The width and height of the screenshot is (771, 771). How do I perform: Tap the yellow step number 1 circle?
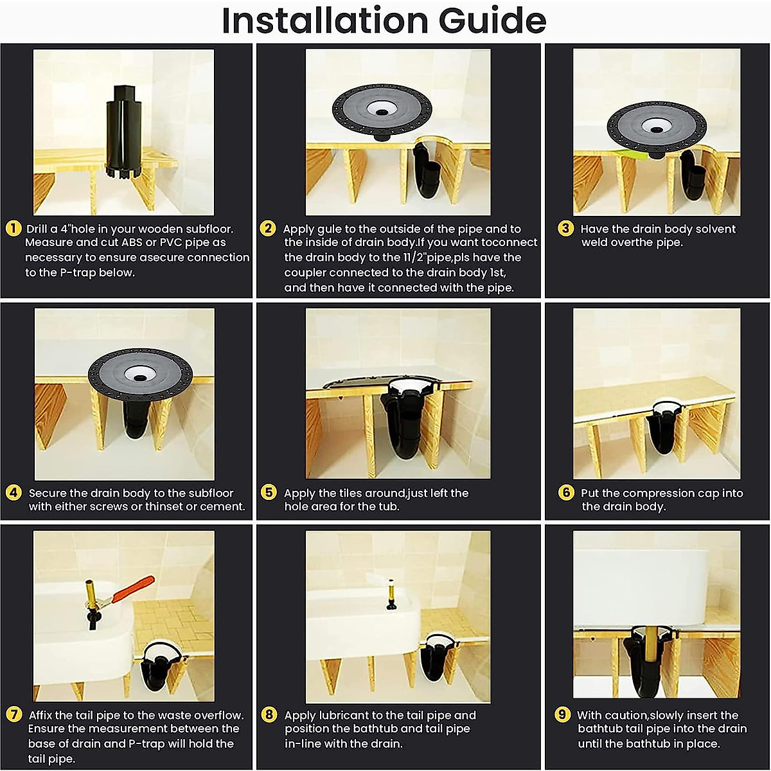(13, 229)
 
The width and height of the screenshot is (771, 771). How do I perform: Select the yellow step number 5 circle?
(269, 493)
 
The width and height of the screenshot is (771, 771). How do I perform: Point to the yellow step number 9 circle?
(563, 715)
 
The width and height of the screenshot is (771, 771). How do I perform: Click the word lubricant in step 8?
(348, 715)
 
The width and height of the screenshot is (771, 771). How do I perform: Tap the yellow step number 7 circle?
(13, 715)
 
